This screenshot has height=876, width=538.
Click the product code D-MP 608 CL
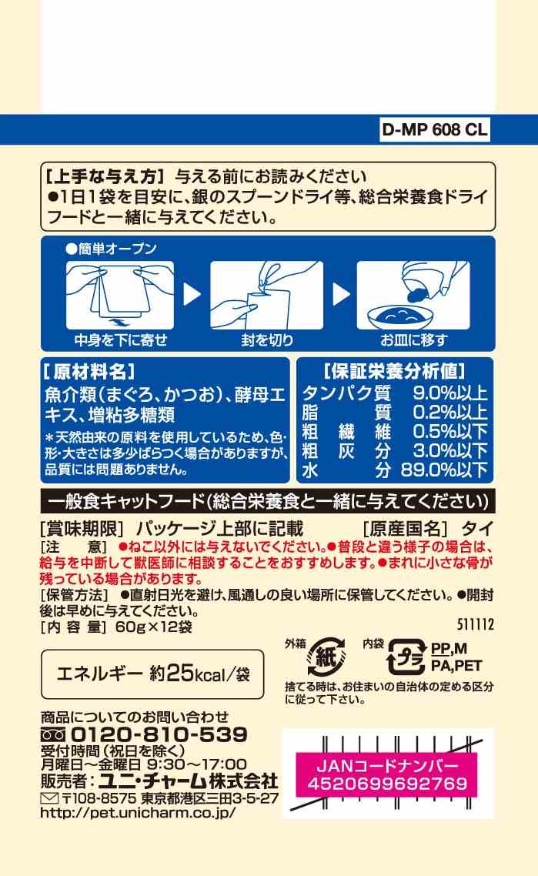[434, 129]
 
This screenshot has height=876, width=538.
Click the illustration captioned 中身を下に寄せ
[120, 296]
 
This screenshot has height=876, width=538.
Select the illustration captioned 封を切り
[267, 296]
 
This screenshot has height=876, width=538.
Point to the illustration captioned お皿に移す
[413, 296]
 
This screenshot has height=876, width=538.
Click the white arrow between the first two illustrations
[192, 294]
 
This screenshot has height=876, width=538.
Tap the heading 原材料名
[89, 372]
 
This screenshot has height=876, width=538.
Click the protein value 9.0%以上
[449, 393]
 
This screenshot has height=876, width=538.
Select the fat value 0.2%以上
[449, 413]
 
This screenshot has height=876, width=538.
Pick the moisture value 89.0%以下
[444, 470]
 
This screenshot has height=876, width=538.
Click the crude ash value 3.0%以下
[449, 450]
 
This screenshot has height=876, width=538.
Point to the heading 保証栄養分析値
[394, 372]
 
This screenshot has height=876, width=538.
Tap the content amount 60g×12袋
[154, 627]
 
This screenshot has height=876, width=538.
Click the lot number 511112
[476, 624]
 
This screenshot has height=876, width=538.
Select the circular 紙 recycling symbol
[326, 656]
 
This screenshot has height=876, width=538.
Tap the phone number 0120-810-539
[159, 734]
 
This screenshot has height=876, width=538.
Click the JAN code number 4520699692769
[387, 784]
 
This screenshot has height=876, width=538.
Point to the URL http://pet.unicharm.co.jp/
[138, 812]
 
